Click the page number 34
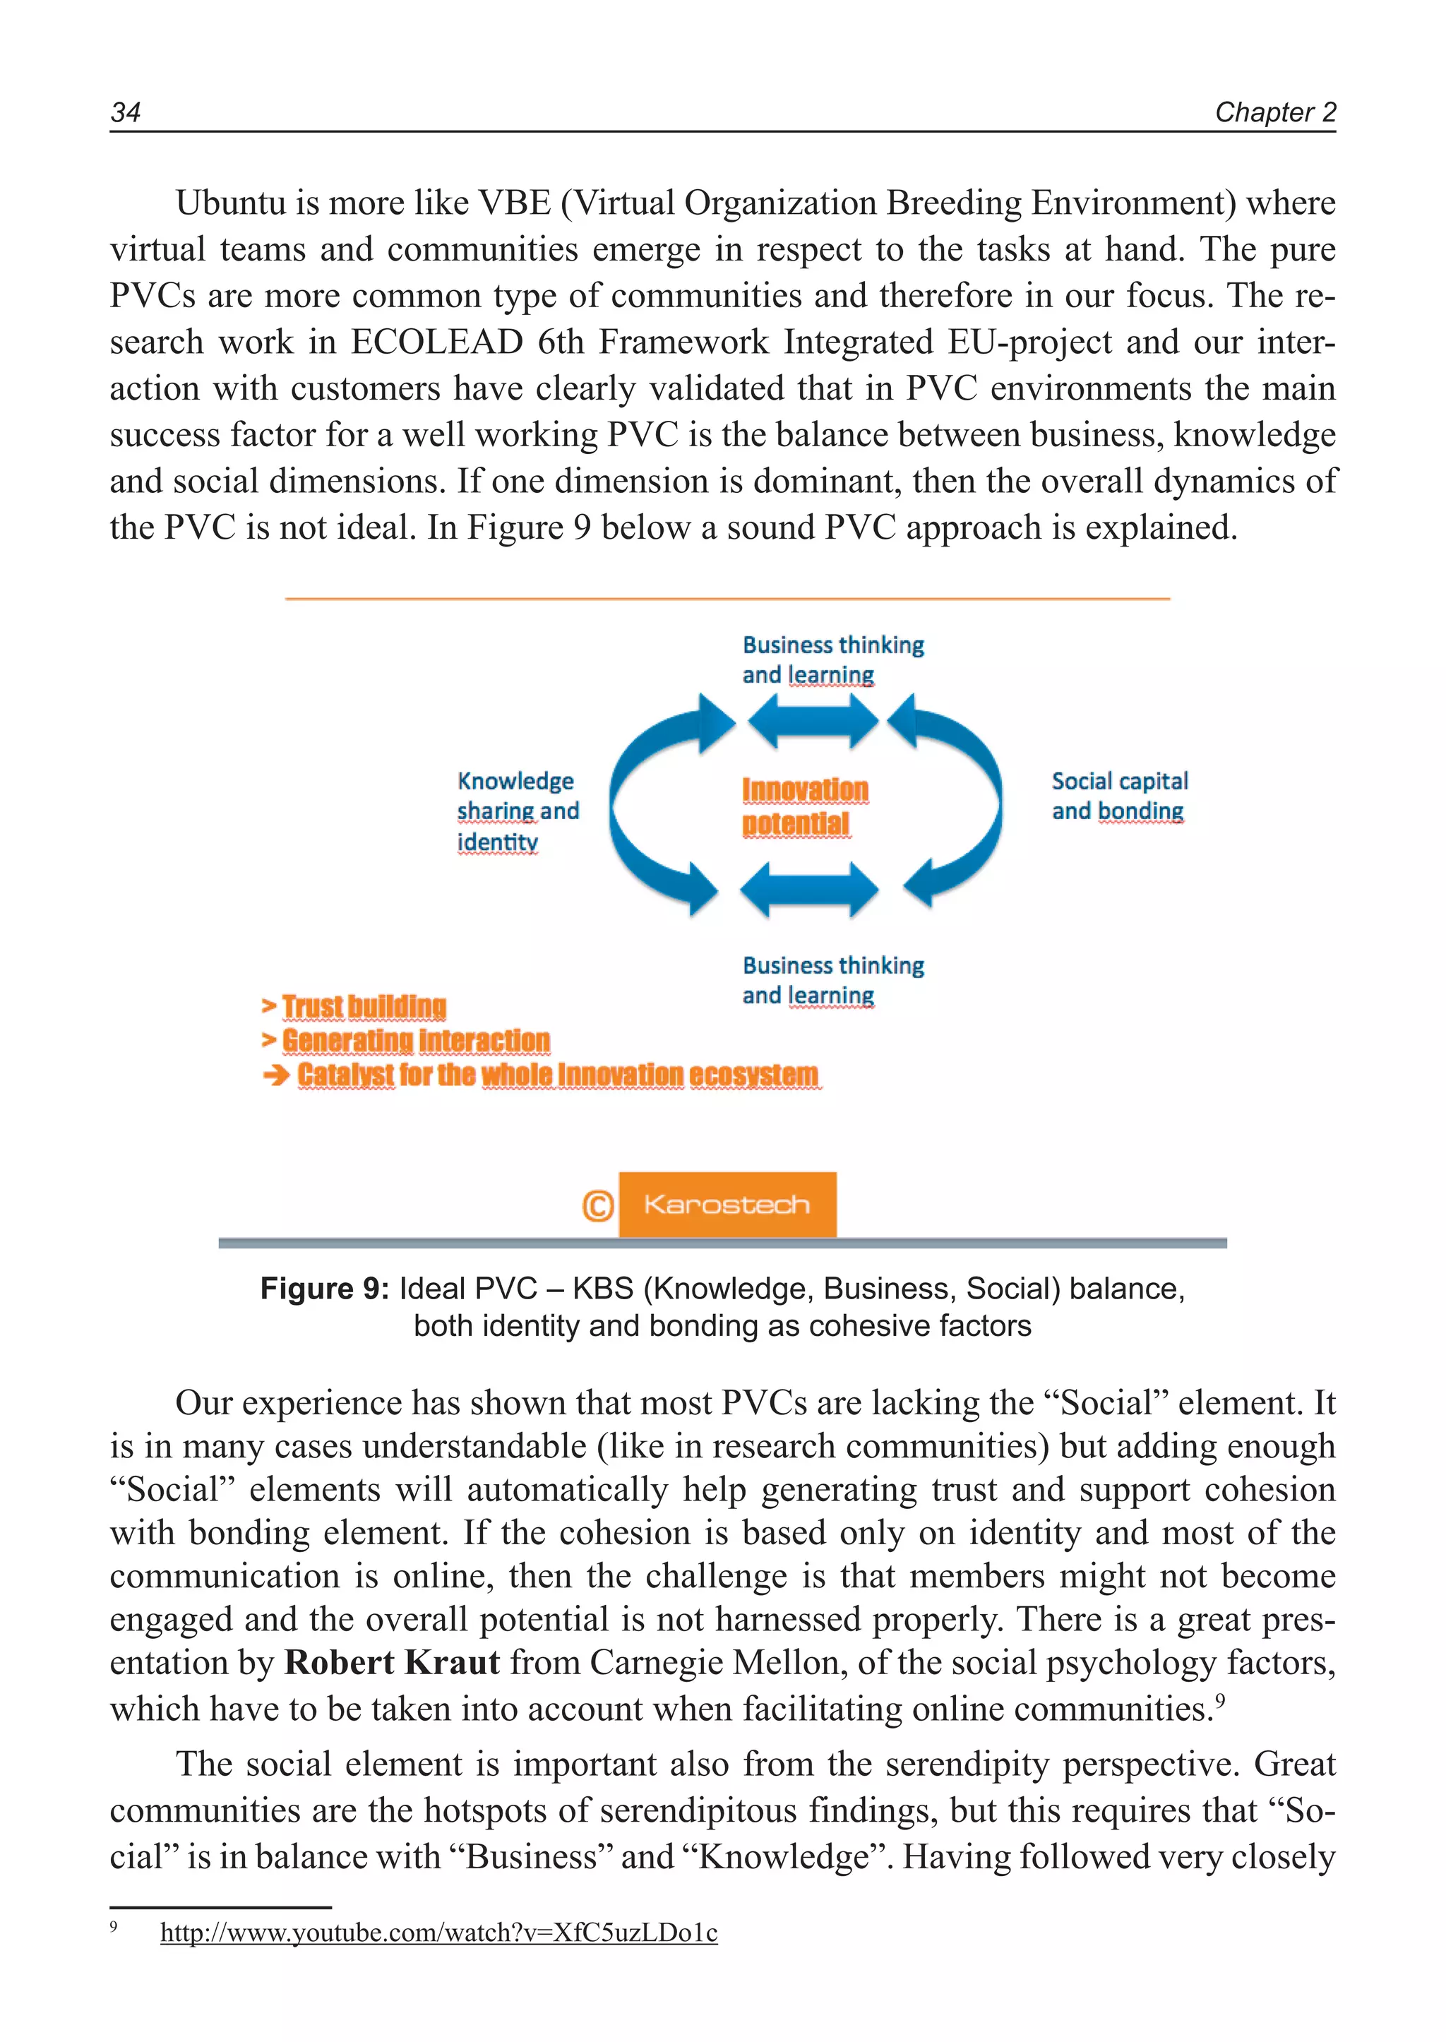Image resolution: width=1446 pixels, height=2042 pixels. click(x=125, y=112)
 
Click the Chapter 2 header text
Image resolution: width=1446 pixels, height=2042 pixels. click(x=1274, y=112)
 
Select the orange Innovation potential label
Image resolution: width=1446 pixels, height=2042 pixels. click(x=804, y=806)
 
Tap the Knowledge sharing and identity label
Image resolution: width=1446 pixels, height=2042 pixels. click(x=516, y=811)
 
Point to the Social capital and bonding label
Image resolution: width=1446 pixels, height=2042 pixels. click(x=1118, y=795)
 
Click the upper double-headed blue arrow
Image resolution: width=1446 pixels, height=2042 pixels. click(x=812, y=720)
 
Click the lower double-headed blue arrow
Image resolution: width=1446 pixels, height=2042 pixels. click(x=808, y=889)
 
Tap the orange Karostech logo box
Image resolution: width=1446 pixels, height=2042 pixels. click(x=727, y=1204)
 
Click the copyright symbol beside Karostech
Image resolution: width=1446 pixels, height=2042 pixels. click(x=597, y=1206)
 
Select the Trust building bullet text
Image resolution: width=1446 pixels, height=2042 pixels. click(x=364, y=1006)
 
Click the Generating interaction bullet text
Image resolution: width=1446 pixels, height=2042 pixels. click(x=415, y=1040)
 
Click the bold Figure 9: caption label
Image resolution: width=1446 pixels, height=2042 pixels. click(x=323, y=1288)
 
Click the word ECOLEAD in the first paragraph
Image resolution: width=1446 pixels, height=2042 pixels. click(x=436, y=342)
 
